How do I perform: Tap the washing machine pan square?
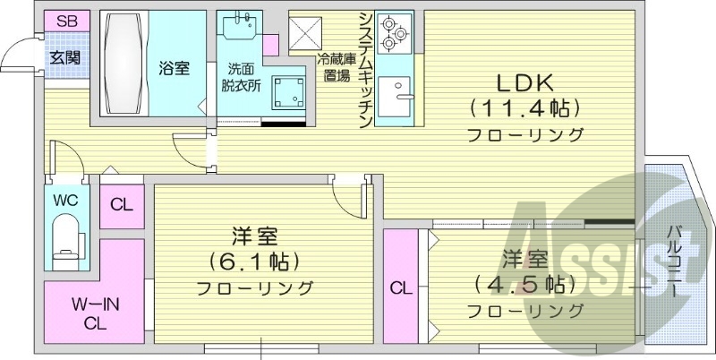pos(290,92)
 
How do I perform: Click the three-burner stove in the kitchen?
pos(392,35)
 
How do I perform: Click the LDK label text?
pos(526,83)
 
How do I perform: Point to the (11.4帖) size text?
pos(525,109)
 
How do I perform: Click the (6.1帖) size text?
pos(254,261)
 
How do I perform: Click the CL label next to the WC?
pos(121,204)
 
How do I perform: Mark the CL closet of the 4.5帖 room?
pos(401,287)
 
